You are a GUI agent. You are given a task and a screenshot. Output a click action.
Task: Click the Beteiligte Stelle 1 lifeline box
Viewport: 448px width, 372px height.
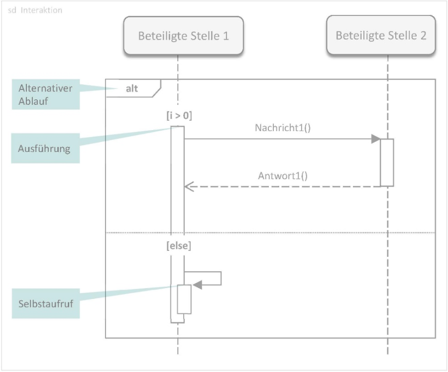(183, 36)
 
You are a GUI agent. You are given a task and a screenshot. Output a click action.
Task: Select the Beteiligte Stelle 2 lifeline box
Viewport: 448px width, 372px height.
(381, 36)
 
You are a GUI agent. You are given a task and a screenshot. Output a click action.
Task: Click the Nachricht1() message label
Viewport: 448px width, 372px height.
(282, 127)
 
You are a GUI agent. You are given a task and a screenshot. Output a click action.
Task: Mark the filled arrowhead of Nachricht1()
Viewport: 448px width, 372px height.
(376, 139)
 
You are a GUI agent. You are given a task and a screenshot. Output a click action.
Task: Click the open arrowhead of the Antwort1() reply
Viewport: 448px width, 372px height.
(188, 187)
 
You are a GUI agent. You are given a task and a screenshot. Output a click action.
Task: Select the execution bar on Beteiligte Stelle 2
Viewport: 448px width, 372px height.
(387, 162)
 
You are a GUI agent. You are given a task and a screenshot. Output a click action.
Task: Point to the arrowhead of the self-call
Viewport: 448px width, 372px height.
(198, 285)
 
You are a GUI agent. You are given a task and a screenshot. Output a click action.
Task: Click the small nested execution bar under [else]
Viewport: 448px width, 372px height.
(185, 299)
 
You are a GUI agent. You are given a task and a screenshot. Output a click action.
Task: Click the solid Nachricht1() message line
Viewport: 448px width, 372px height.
(279, 139)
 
